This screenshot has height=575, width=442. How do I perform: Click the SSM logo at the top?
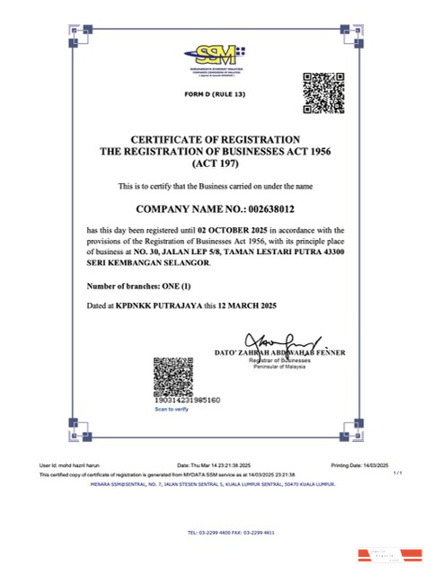216,54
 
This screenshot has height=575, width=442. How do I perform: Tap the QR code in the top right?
323,93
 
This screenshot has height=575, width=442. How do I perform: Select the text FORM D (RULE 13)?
215,94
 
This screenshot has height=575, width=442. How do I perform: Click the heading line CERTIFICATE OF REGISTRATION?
215,139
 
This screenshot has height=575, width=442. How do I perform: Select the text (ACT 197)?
215,164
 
